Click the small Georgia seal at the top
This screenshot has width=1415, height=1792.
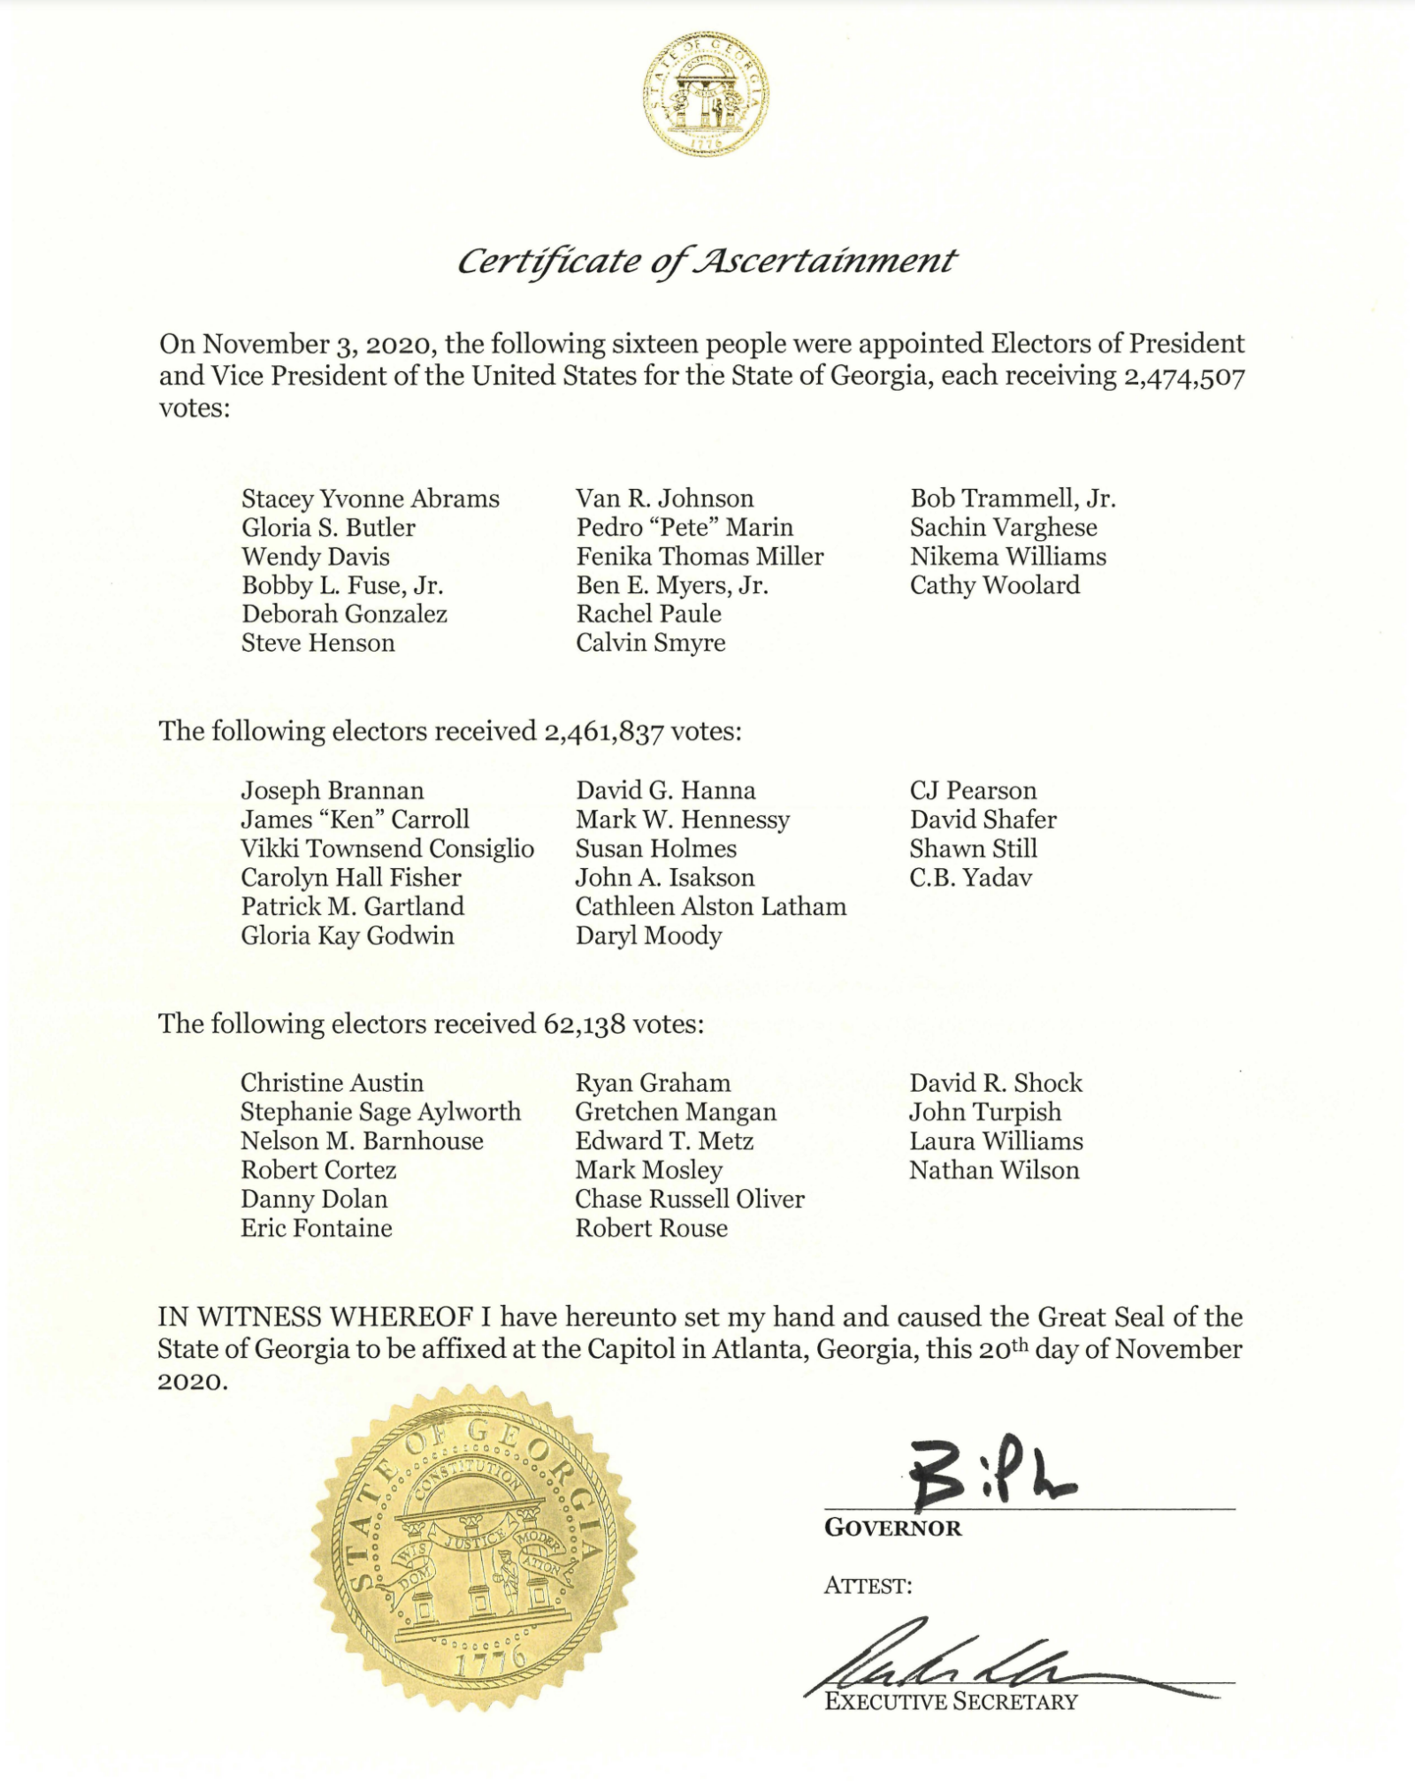pyautogui.click(x=705, y=95)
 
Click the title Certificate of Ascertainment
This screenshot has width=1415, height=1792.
pyautogui.click(x=706, y=262)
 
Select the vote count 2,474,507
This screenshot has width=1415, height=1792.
pyautogui.click(x=1184, y=377)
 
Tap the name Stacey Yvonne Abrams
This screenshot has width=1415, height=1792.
pyautogui.click(x=370, y=499)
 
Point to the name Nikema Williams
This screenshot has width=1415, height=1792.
pyautogui.click(x=1007, y=556)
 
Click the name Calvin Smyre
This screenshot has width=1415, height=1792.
pyautogui.click(x=650, y=643)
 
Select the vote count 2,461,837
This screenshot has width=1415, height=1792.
pyautogui.click(x=603, y=732)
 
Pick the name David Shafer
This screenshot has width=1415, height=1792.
pyautogui.click(x=983, y=820)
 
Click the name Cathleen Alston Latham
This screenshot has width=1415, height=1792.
pyautogui.click(x=710, y=906)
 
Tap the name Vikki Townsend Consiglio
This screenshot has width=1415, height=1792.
pyautogui.click(x=386, y=849)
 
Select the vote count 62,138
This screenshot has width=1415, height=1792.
pyautogui.click(x=581, y=1025)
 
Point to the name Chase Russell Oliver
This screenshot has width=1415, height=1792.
pyautogui.click(x=689, y=1199)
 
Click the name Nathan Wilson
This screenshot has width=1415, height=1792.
pyautogui.click(x=994, y=1171)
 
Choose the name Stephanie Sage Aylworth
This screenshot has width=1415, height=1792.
pyautogui.click(x=380, y=1112)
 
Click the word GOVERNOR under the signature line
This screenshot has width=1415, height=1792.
pyautogui.click(x=891, y=1529)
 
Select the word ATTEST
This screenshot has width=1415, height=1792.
pyautogui.click(x=867, y=1586)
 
